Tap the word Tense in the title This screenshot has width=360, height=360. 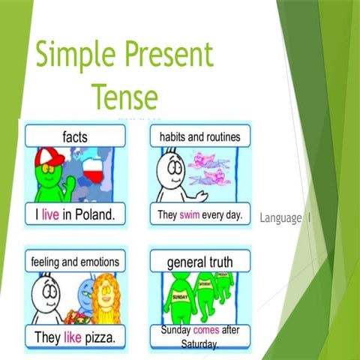pos(125,97)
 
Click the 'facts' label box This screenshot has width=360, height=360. pos(75,136)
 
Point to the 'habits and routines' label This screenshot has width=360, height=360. pos(199,136)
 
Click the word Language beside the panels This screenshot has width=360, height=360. pos(280,218)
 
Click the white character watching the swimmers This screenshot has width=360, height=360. pos(171,174)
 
